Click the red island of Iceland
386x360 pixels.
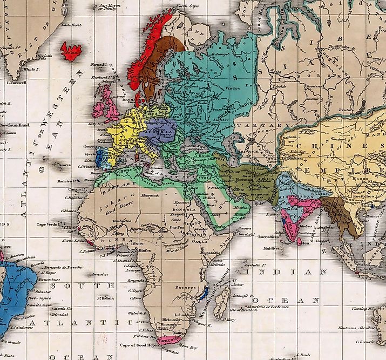click(71, 51)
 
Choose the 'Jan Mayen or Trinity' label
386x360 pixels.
click(107, 7)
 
